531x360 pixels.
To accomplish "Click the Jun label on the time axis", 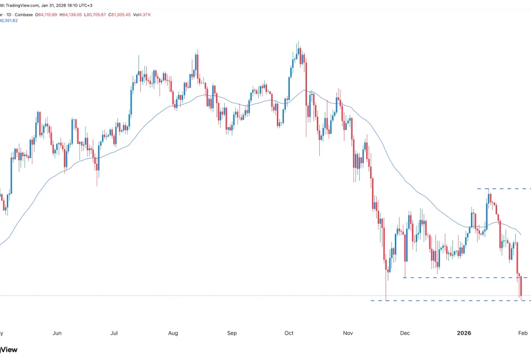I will [x=57, y=333].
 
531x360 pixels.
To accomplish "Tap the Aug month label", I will [x=173, y=333].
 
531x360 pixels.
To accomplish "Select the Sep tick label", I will [x=232, y=333].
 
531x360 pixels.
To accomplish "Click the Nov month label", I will [x=348, y=333].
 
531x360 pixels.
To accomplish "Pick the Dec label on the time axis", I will [x=405, y=333].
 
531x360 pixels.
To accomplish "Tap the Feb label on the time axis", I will [x=523, y=333].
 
